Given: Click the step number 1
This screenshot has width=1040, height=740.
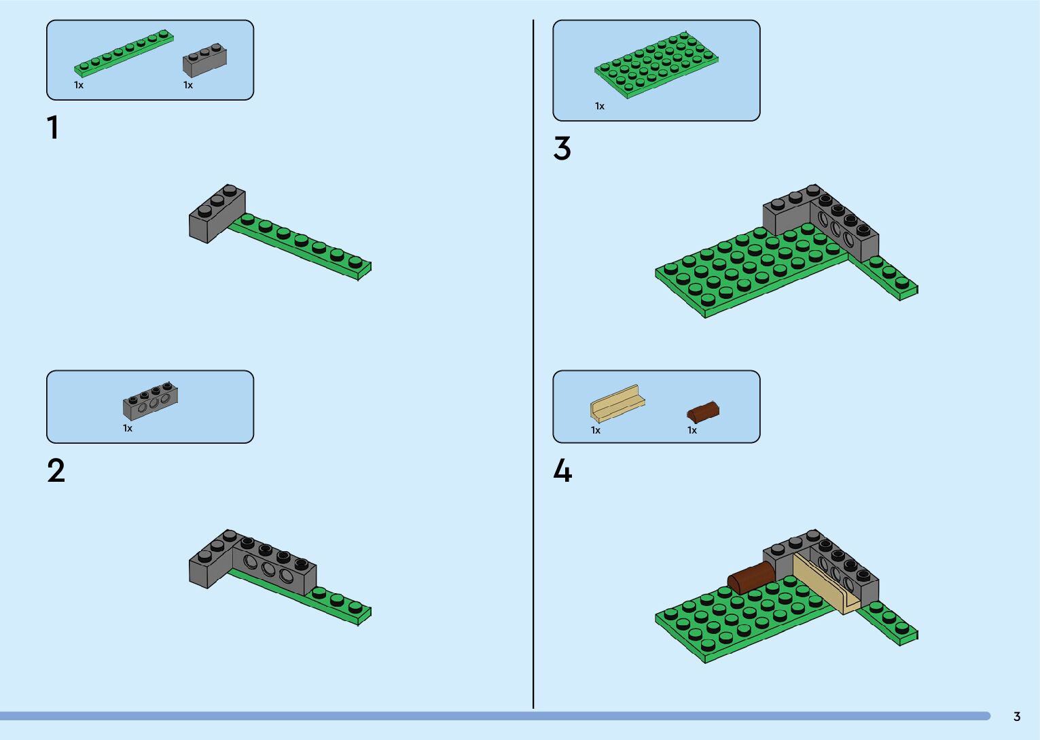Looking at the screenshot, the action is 53,128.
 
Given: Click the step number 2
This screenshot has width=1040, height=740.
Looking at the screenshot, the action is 56,471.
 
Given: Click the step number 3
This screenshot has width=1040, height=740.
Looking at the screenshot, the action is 562,149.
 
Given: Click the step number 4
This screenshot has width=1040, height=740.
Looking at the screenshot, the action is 562,471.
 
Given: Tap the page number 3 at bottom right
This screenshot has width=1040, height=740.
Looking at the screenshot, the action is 1017,717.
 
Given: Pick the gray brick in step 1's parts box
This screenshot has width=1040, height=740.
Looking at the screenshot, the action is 204,60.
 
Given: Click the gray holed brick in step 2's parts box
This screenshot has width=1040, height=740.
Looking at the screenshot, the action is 151,402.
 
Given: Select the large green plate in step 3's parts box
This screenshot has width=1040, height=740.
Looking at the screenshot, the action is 656,65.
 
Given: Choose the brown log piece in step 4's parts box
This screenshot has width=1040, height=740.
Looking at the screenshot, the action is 702,412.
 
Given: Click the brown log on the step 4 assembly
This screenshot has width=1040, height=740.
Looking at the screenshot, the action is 751,577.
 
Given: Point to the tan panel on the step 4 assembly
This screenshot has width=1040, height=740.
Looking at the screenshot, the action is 825,584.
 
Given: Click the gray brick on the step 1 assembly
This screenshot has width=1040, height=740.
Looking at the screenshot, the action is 217,213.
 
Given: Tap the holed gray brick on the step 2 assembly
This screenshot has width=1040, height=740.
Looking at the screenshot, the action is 274,567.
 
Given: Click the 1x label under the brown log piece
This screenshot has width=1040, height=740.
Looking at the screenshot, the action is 692,430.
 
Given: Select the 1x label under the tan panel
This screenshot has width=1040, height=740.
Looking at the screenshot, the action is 596,430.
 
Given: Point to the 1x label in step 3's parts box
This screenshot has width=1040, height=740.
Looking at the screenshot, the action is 600,106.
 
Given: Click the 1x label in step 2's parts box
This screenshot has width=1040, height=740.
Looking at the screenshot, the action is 128,428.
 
